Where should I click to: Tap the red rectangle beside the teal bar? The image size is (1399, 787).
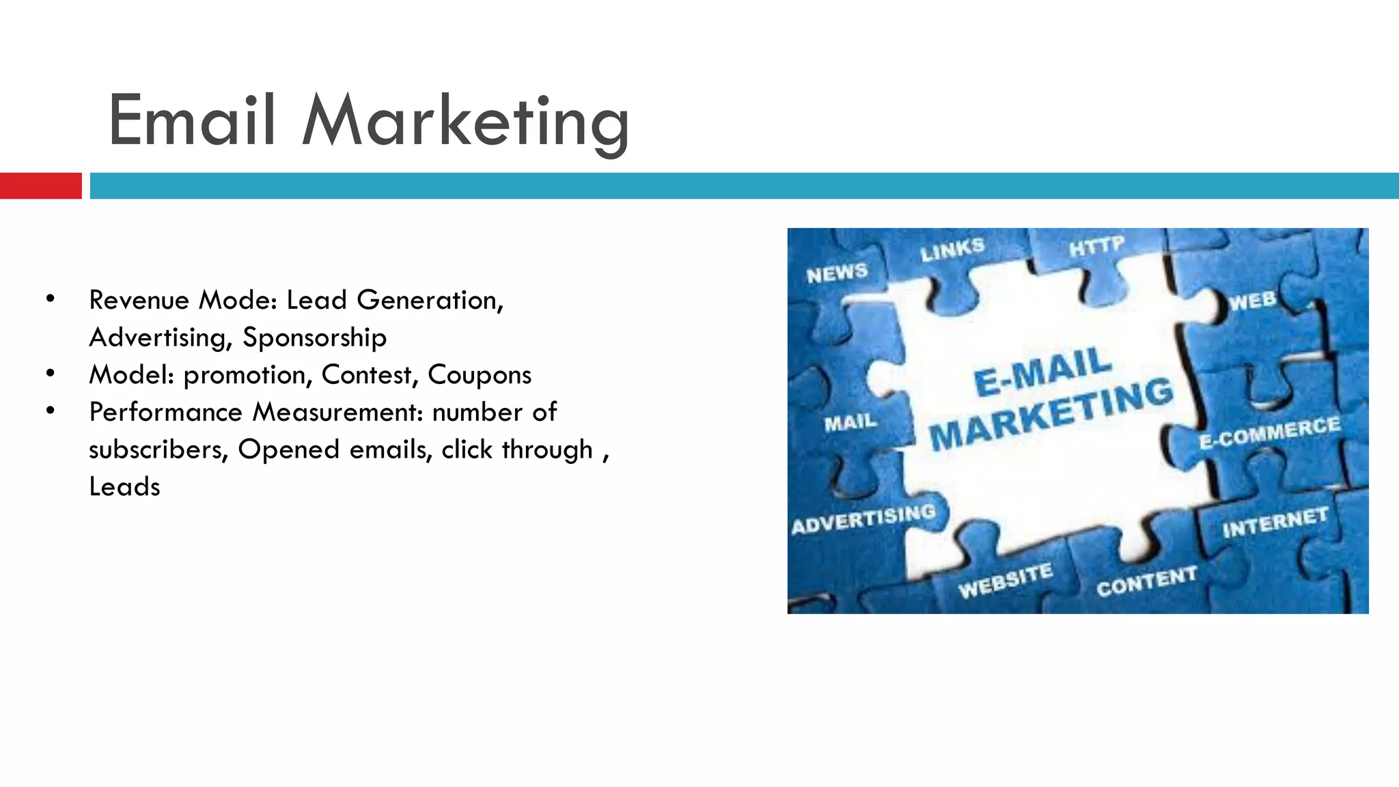(40, 186)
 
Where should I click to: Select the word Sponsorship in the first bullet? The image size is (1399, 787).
(314, 337)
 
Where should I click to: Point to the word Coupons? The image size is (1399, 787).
(479, 375)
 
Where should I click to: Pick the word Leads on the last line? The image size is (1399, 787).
(124, 486)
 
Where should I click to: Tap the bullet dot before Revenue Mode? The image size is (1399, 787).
(50, 299)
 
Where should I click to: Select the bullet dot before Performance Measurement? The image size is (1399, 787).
(50, 411)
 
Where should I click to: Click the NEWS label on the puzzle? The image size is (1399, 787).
(837, 273)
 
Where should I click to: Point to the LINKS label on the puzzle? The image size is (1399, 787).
(952, 250)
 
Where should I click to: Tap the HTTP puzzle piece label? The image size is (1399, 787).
(1096, 246)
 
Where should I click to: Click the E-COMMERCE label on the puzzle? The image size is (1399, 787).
(1270, 432)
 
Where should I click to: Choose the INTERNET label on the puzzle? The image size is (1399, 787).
(1275, 523)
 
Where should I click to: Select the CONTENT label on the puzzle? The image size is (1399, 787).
(1147, 581)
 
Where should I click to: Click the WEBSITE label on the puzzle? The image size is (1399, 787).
(1005, 580)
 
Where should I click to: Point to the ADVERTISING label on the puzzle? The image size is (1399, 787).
(863, 519)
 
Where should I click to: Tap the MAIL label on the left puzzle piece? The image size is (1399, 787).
(850, 423)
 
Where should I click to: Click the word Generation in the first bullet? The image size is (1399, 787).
(430, 300)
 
